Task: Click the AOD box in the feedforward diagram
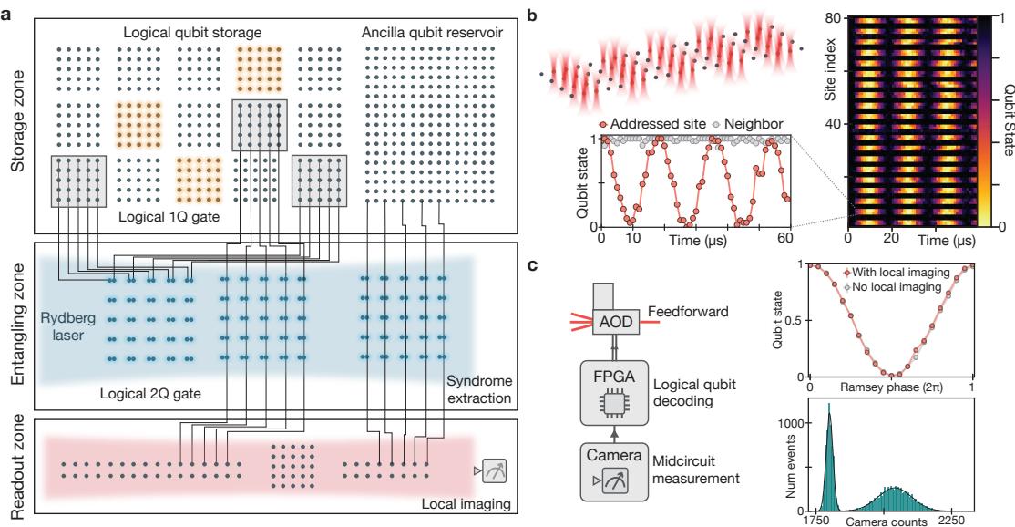click(616, 322)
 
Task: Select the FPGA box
click(614, 393)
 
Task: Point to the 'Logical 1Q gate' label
click(169, 217)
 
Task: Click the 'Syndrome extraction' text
click(479, 389)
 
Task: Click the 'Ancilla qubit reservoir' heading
click(433, 33)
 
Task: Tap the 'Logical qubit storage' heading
click(192, 33)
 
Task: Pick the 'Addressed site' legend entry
click(652, 124)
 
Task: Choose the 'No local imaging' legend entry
click(891, 287)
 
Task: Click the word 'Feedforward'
click(688, 312)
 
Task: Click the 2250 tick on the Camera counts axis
click(951, 521)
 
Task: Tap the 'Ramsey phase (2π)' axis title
click(891, 387)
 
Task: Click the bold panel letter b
click(533, 15)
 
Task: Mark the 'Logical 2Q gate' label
click(150, 393)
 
